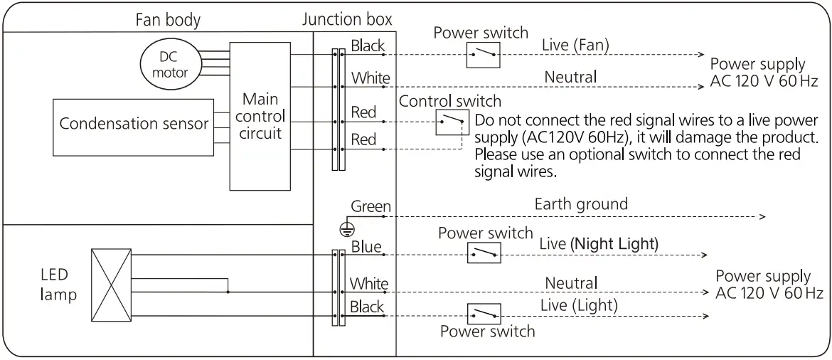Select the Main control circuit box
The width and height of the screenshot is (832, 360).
(260, 115)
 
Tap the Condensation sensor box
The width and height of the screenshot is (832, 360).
(133, 124)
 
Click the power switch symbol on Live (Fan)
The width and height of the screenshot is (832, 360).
(484, 54)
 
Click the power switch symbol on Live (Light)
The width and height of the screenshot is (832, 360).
(484, 314)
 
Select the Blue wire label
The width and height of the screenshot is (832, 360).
(366, 247)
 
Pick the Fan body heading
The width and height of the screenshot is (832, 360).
(168, 21)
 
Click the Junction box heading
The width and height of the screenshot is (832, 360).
(347, 19)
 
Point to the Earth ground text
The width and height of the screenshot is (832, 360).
(581, 204)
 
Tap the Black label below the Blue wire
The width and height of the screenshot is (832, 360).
(367, 307)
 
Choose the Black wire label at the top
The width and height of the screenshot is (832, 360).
(368, 46)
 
